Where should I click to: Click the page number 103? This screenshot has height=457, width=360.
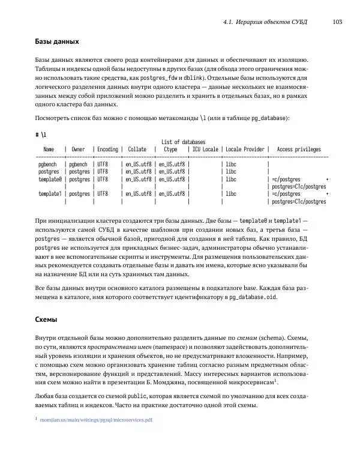click(x=336, y=22)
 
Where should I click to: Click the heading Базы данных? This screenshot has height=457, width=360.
click(x=57, y=42)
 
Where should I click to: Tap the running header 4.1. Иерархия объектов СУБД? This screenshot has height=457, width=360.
click(x=265, y=22)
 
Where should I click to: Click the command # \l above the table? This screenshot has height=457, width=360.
click(x=41, y=135)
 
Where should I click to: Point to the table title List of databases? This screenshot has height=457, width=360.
click(x=183, y=142)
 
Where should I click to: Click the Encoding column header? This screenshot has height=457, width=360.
click(x=107, y=150)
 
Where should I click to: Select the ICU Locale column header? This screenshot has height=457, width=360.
click(x=205, y=150)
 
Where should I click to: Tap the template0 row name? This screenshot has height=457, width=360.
click(x=50, y=179)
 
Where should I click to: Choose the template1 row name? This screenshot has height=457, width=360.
click(x=50, y=194)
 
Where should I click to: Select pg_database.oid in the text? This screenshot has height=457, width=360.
click(x=253, y=297)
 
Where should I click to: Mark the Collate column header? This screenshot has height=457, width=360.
click(x=137, y=150)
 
